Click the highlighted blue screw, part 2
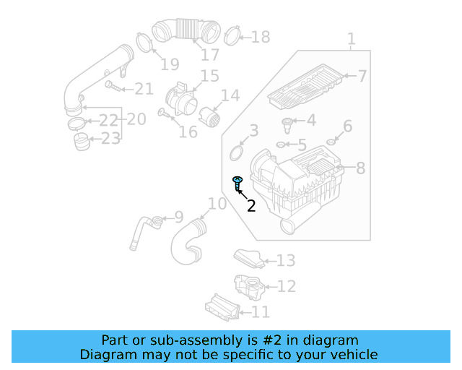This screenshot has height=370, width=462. pos(237,182)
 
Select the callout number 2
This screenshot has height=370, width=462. pos(251,206)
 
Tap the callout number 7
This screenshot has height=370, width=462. pos(362,76)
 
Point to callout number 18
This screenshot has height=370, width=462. pos(260,37)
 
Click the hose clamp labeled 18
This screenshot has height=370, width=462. pos(232,35)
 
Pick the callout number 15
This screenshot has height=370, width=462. pos(209,76)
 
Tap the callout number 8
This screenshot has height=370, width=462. pos(360,168)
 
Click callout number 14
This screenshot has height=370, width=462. pos(230,96)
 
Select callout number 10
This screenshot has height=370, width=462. pos(217,205)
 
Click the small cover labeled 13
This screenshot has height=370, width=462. pos(247,257)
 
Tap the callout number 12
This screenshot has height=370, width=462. pos(286,287)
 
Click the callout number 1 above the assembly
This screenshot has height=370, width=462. pos(351,38)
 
